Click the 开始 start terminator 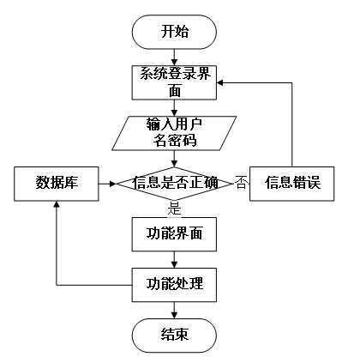tap(174, 32)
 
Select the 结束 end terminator tap(174, 336)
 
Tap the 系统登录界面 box tap(174, 82)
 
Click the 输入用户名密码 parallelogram tap(174, 133)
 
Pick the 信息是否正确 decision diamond tap(174, 184)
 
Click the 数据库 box tap(57, 184)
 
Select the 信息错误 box tap(291, 184)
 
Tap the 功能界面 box tap(174, 234)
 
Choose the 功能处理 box tap(174, 285)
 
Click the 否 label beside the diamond tap(241, 183)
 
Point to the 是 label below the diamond tap(174, 209)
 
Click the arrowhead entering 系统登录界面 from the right tap(219, 83)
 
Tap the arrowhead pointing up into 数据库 tap(57, 204)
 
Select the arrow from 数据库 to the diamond tap(107, 184)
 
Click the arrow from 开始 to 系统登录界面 tap(174, 57)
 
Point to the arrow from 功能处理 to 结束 tap(174, 310)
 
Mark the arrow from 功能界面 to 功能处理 tap(174, 259)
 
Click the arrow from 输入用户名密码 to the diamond tap(174, 159)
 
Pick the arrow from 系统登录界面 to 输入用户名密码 tap(174, 108)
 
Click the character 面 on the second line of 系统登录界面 tap(174, 91)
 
